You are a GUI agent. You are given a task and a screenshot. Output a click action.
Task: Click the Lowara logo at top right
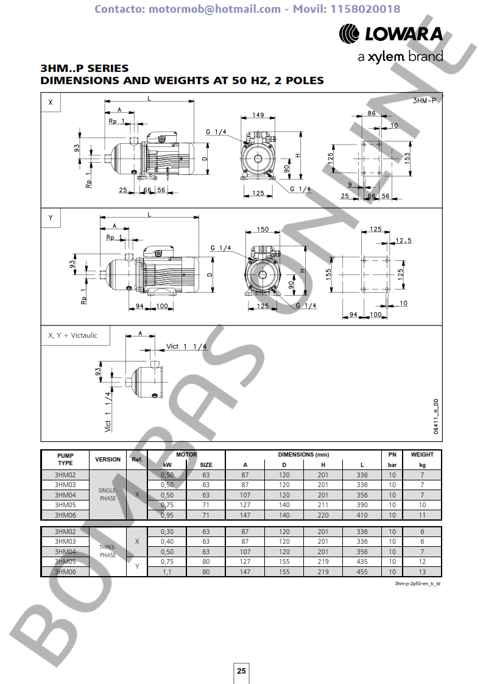pos(390,34)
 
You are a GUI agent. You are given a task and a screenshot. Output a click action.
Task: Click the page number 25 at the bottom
pos(241,671)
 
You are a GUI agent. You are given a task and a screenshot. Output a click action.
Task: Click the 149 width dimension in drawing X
pos(258,115)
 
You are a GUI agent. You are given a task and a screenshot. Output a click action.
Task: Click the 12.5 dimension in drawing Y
pos(403,240)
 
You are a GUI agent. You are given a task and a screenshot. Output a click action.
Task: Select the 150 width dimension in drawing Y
pos(263,230)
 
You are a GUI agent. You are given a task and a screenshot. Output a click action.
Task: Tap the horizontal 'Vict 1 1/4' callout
pos(186,346)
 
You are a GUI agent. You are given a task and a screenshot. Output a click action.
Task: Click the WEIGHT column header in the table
pos(422,455)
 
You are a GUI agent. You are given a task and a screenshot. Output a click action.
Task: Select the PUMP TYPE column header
pos(65,459)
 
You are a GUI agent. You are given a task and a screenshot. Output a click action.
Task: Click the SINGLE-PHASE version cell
pos(108,494)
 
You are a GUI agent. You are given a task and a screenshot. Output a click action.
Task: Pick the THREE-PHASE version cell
pos(108,552)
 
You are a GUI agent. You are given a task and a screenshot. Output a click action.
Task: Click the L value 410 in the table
pos(362,515)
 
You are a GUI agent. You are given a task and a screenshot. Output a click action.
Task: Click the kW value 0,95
pos(167,515)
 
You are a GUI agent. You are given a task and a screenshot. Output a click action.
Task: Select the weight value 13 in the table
pos(422,572)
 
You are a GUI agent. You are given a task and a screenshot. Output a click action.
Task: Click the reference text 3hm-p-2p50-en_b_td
pos(417,583)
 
